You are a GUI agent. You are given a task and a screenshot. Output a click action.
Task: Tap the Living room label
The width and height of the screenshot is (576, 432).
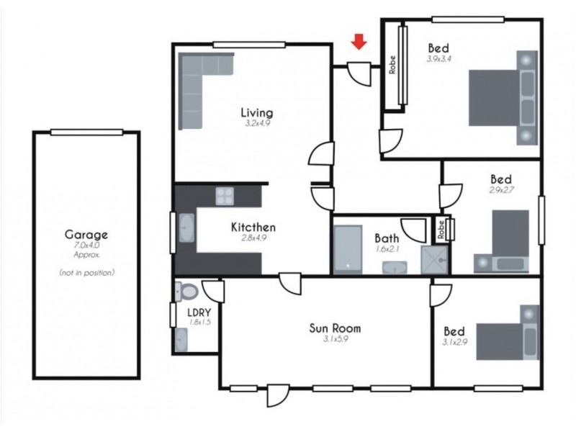(256, 112)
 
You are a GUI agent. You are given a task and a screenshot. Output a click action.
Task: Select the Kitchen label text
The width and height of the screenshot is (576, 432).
(253, 227)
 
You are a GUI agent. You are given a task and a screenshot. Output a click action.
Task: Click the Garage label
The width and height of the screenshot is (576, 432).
(86, 234)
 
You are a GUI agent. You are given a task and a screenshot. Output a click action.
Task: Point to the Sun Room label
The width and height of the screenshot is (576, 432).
(335, 328)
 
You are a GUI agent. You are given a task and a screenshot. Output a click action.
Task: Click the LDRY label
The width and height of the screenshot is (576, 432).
(198, 312)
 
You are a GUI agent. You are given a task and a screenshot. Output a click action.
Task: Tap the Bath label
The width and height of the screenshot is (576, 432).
(387, 238)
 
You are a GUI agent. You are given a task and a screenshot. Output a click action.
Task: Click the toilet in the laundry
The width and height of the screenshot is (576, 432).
(188, 292)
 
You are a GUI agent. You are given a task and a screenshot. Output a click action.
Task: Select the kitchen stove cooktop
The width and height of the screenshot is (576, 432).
(226, 196)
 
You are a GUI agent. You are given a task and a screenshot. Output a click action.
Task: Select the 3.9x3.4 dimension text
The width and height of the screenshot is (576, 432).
(438, 60)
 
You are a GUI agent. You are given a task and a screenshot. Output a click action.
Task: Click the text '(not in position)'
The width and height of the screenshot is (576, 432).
(86, 273)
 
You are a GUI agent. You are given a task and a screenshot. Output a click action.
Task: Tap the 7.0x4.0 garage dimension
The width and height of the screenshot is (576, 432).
(86, 246)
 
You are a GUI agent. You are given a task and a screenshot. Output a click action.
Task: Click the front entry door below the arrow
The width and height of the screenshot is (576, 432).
(358, 72)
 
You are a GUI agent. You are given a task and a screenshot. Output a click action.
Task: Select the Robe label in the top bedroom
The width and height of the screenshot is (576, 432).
(392, 66)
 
